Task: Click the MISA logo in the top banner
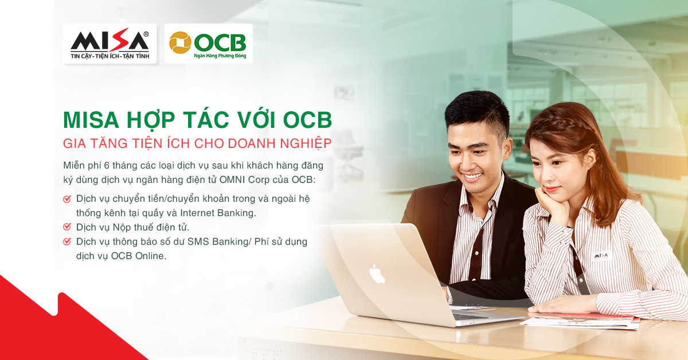110,44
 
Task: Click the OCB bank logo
209,44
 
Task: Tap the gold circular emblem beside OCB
180,42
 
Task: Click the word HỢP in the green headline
151,120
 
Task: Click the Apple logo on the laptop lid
377,273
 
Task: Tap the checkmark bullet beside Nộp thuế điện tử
67,227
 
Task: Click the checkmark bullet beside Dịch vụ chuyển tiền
67,199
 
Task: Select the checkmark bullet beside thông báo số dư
67,241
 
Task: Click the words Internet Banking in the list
218,213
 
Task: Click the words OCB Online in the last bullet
139,256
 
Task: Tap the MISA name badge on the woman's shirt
601,256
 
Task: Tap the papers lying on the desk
580,321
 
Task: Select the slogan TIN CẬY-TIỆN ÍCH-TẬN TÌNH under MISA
110,56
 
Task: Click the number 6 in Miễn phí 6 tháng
107,166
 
